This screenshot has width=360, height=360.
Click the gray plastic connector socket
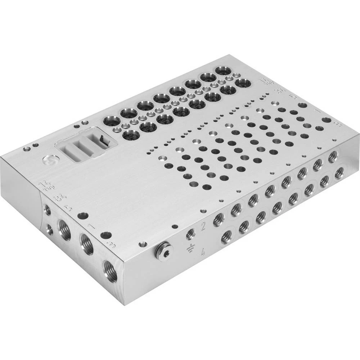click(85, 145)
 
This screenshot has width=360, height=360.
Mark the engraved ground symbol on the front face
click(189, 248)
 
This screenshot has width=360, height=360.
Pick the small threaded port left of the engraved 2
click(190, 234)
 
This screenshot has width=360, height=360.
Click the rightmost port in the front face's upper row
click(332, 156)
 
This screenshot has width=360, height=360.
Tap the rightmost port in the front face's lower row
click(338, 173)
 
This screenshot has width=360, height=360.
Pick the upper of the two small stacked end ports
click(47, 210)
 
